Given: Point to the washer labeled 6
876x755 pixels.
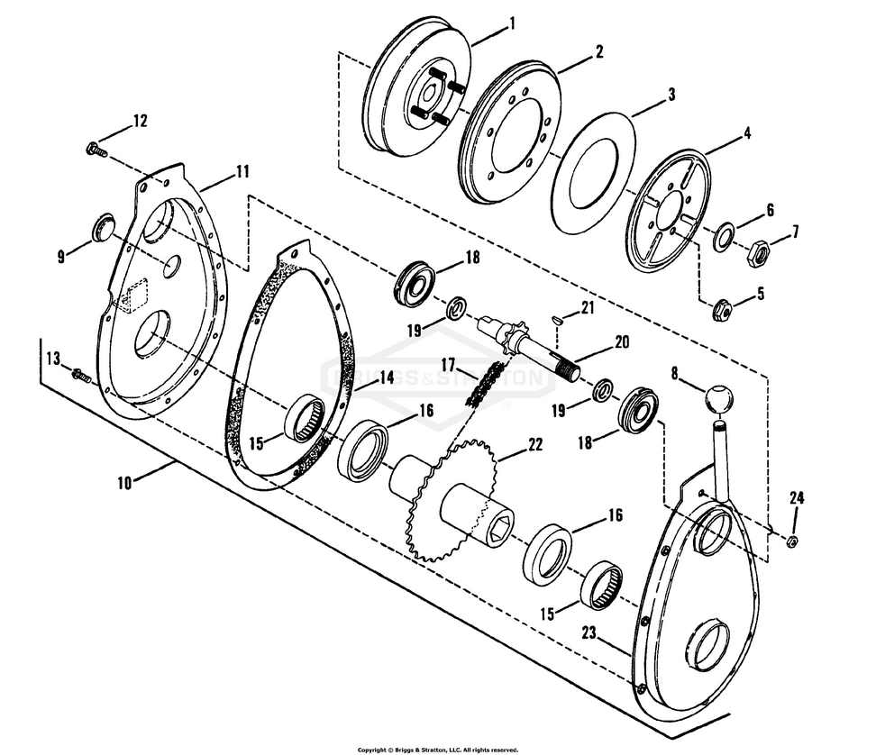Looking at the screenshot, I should [723, 239].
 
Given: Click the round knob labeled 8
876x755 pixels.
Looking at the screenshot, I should [719, 398].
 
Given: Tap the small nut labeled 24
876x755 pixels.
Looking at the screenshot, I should [791, 541].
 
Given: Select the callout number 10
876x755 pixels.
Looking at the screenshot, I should [124, 482].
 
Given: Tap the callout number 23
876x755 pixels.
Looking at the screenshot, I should [589, 632].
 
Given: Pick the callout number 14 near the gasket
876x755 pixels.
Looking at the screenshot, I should [385, 377].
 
